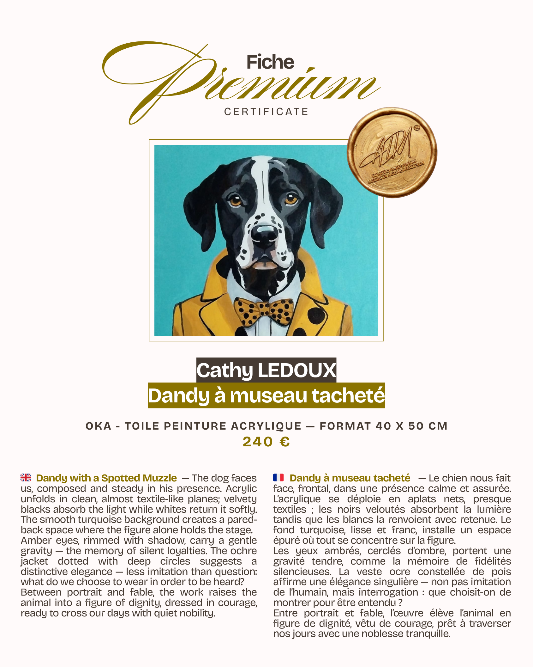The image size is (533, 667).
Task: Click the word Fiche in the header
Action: coord(270,62)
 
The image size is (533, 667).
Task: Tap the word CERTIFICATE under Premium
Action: coord(266,112)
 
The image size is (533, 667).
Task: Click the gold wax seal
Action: coord(392,153)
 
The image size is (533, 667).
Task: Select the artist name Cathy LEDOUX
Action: coord(266,370)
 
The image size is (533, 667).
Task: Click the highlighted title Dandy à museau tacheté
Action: coord(266,395)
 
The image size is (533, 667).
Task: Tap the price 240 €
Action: coord(266,442)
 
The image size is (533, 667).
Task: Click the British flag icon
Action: coord(26,477)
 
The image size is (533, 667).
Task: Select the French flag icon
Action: coord(278,477)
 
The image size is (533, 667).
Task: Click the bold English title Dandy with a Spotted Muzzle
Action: coord(106,478)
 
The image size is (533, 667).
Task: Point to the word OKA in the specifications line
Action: coord(99,426)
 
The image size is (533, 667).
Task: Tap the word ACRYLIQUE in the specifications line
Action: coord(266,426)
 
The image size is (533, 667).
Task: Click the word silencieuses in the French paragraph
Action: coord(302,572)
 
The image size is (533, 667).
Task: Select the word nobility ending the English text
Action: coord(197,613)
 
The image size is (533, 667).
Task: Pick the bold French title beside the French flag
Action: coord(350,478)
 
